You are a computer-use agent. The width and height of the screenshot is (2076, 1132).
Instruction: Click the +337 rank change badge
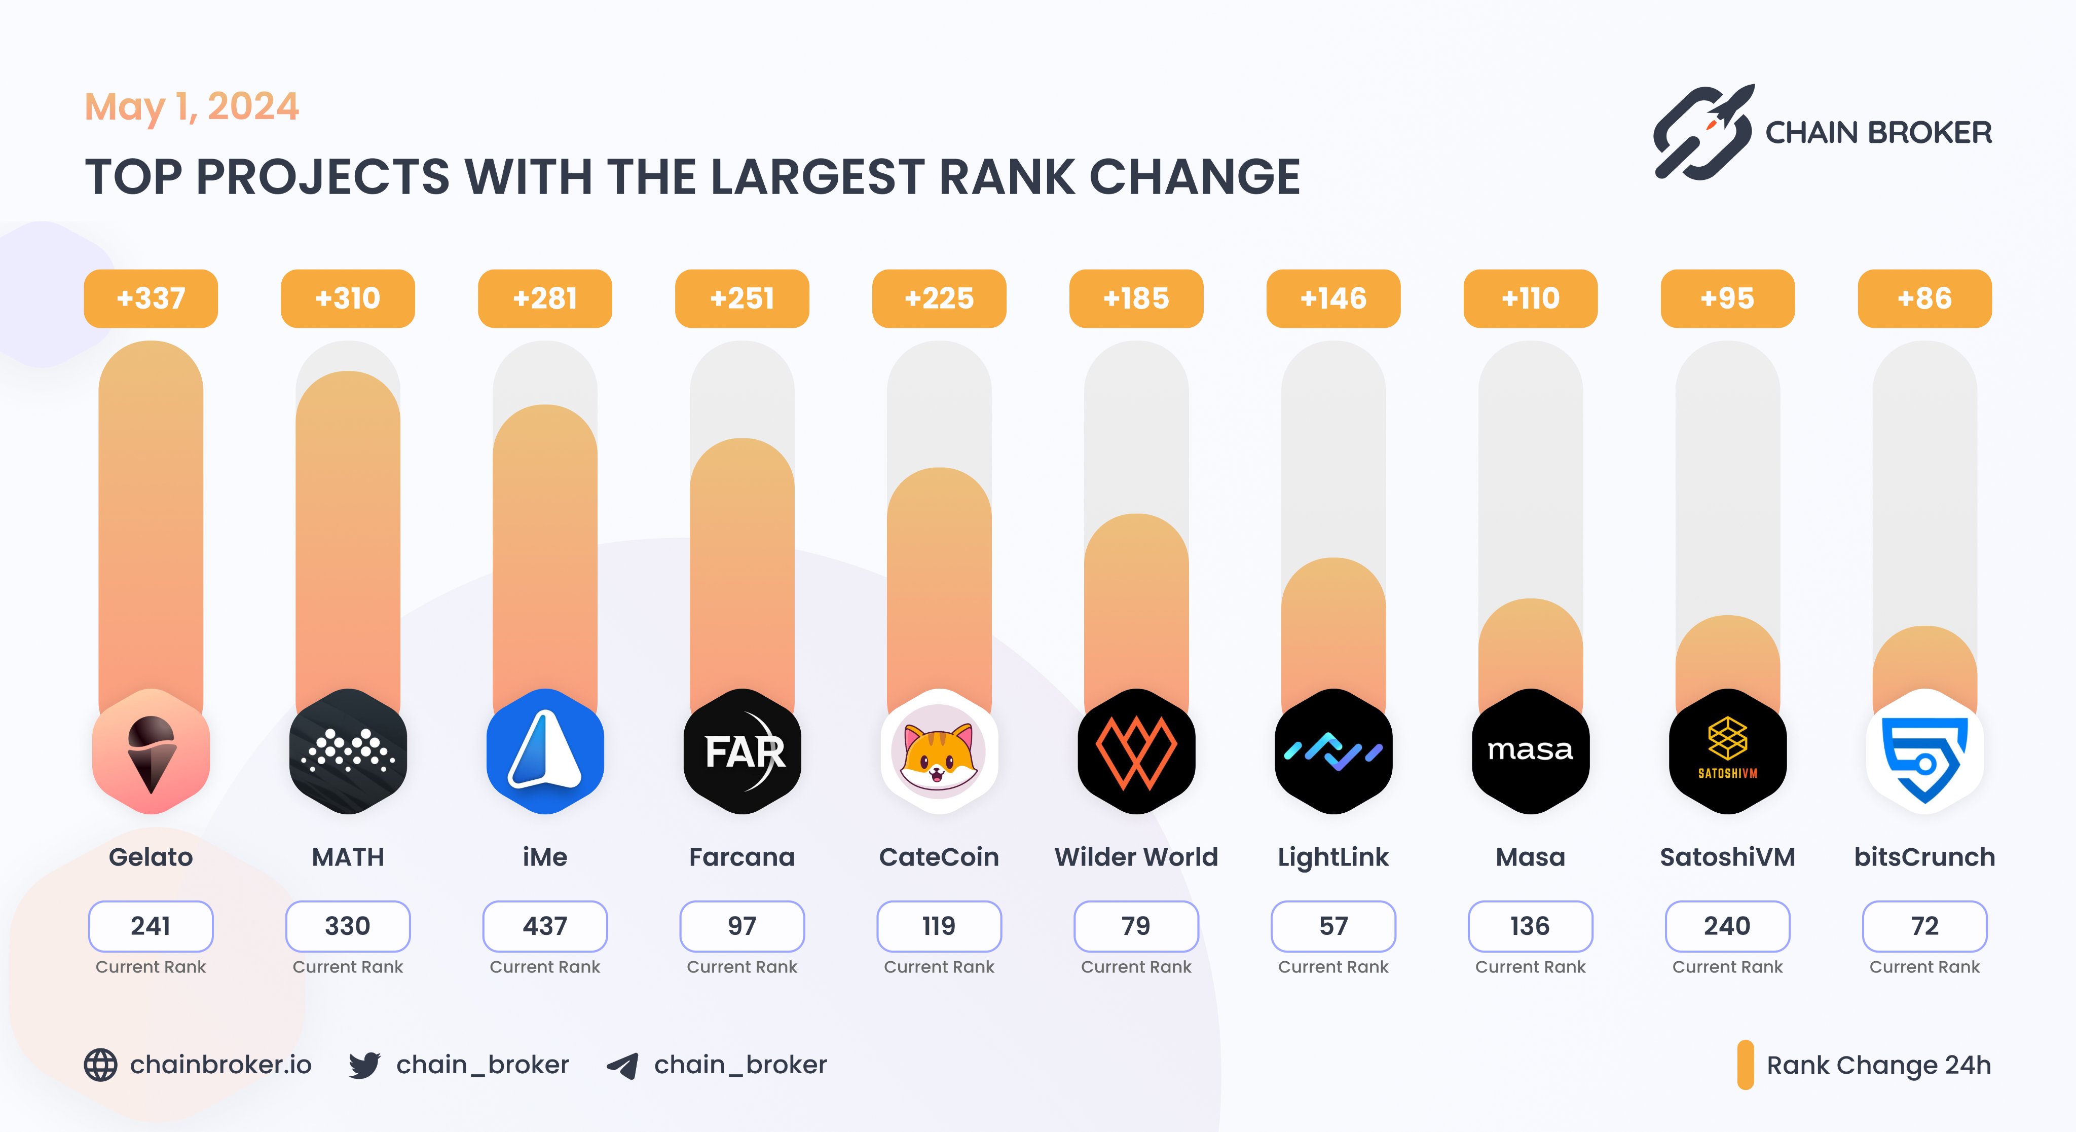(151, 298)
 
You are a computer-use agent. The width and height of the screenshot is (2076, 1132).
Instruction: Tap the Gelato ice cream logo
(151, 751)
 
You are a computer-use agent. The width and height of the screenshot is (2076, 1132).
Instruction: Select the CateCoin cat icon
(939, 751)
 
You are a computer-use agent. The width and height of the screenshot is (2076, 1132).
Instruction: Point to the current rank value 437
(545, 926)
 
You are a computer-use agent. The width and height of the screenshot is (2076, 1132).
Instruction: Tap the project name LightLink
(1333, 857)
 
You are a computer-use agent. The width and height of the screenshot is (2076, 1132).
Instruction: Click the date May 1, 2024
(192, 107)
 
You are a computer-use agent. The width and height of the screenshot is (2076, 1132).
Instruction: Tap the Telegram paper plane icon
(623, 1065)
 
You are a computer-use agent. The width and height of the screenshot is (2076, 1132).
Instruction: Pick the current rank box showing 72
(1924, 926)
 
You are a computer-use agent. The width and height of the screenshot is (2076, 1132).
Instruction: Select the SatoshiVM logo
(1727, 751)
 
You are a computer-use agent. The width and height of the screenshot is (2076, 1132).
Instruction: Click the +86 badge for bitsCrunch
(1924, 298)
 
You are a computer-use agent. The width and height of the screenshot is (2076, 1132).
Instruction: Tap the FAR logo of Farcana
(742, 751)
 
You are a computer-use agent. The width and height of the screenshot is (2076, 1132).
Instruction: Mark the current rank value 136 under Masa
(1530, 926)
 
